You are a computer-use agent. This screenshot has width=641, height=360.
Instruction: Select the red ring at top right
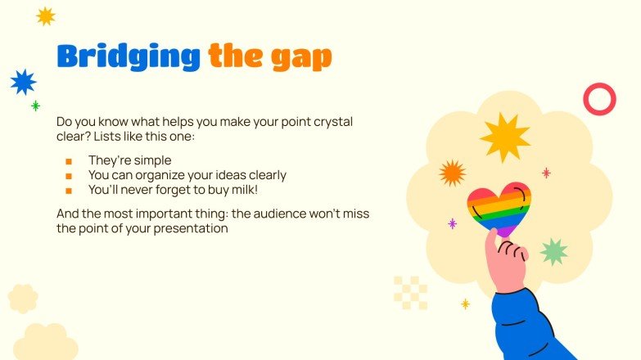(598, 99)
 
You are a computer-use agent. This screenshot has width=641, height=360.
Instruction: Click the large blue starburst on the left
(23, 82)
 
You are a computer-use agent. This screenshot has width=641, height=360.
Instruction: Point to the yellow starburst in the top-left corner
(46, 16)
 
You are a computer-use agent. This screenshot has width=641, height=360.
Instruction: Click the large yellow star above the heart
(505, 137)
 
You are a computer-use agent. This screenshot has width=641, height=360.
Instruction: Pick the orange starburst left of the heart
(452, 173)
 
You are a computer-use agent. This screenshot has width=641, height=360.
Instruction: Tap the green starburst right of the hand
(554, 251)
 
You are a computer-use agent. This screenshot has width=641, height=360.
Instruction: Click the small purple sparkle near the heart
(452, 223)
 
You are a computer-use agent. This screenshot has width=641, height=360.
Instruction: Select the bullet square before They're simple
(69, 161)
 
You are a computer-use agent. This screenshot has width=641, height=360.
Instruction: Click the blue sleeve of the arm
(528, 323)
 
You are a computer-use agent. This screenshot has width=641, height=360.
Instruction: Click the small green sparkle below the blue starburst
(35, 106)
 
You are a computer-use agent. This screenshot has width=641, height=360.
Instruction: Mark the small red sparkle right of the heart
(546, 173)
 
